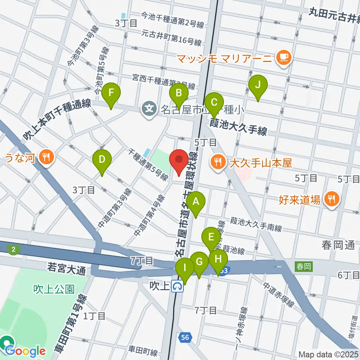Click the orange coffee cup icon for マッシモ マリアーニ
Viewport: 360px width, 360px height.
[282, 58]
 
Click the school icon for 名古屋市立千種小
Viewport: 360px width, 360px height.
[149, 109]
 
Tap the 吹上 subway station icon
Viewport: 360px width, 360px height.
[177, 287]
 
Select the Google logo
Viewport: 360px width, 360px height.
[25, 351]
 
